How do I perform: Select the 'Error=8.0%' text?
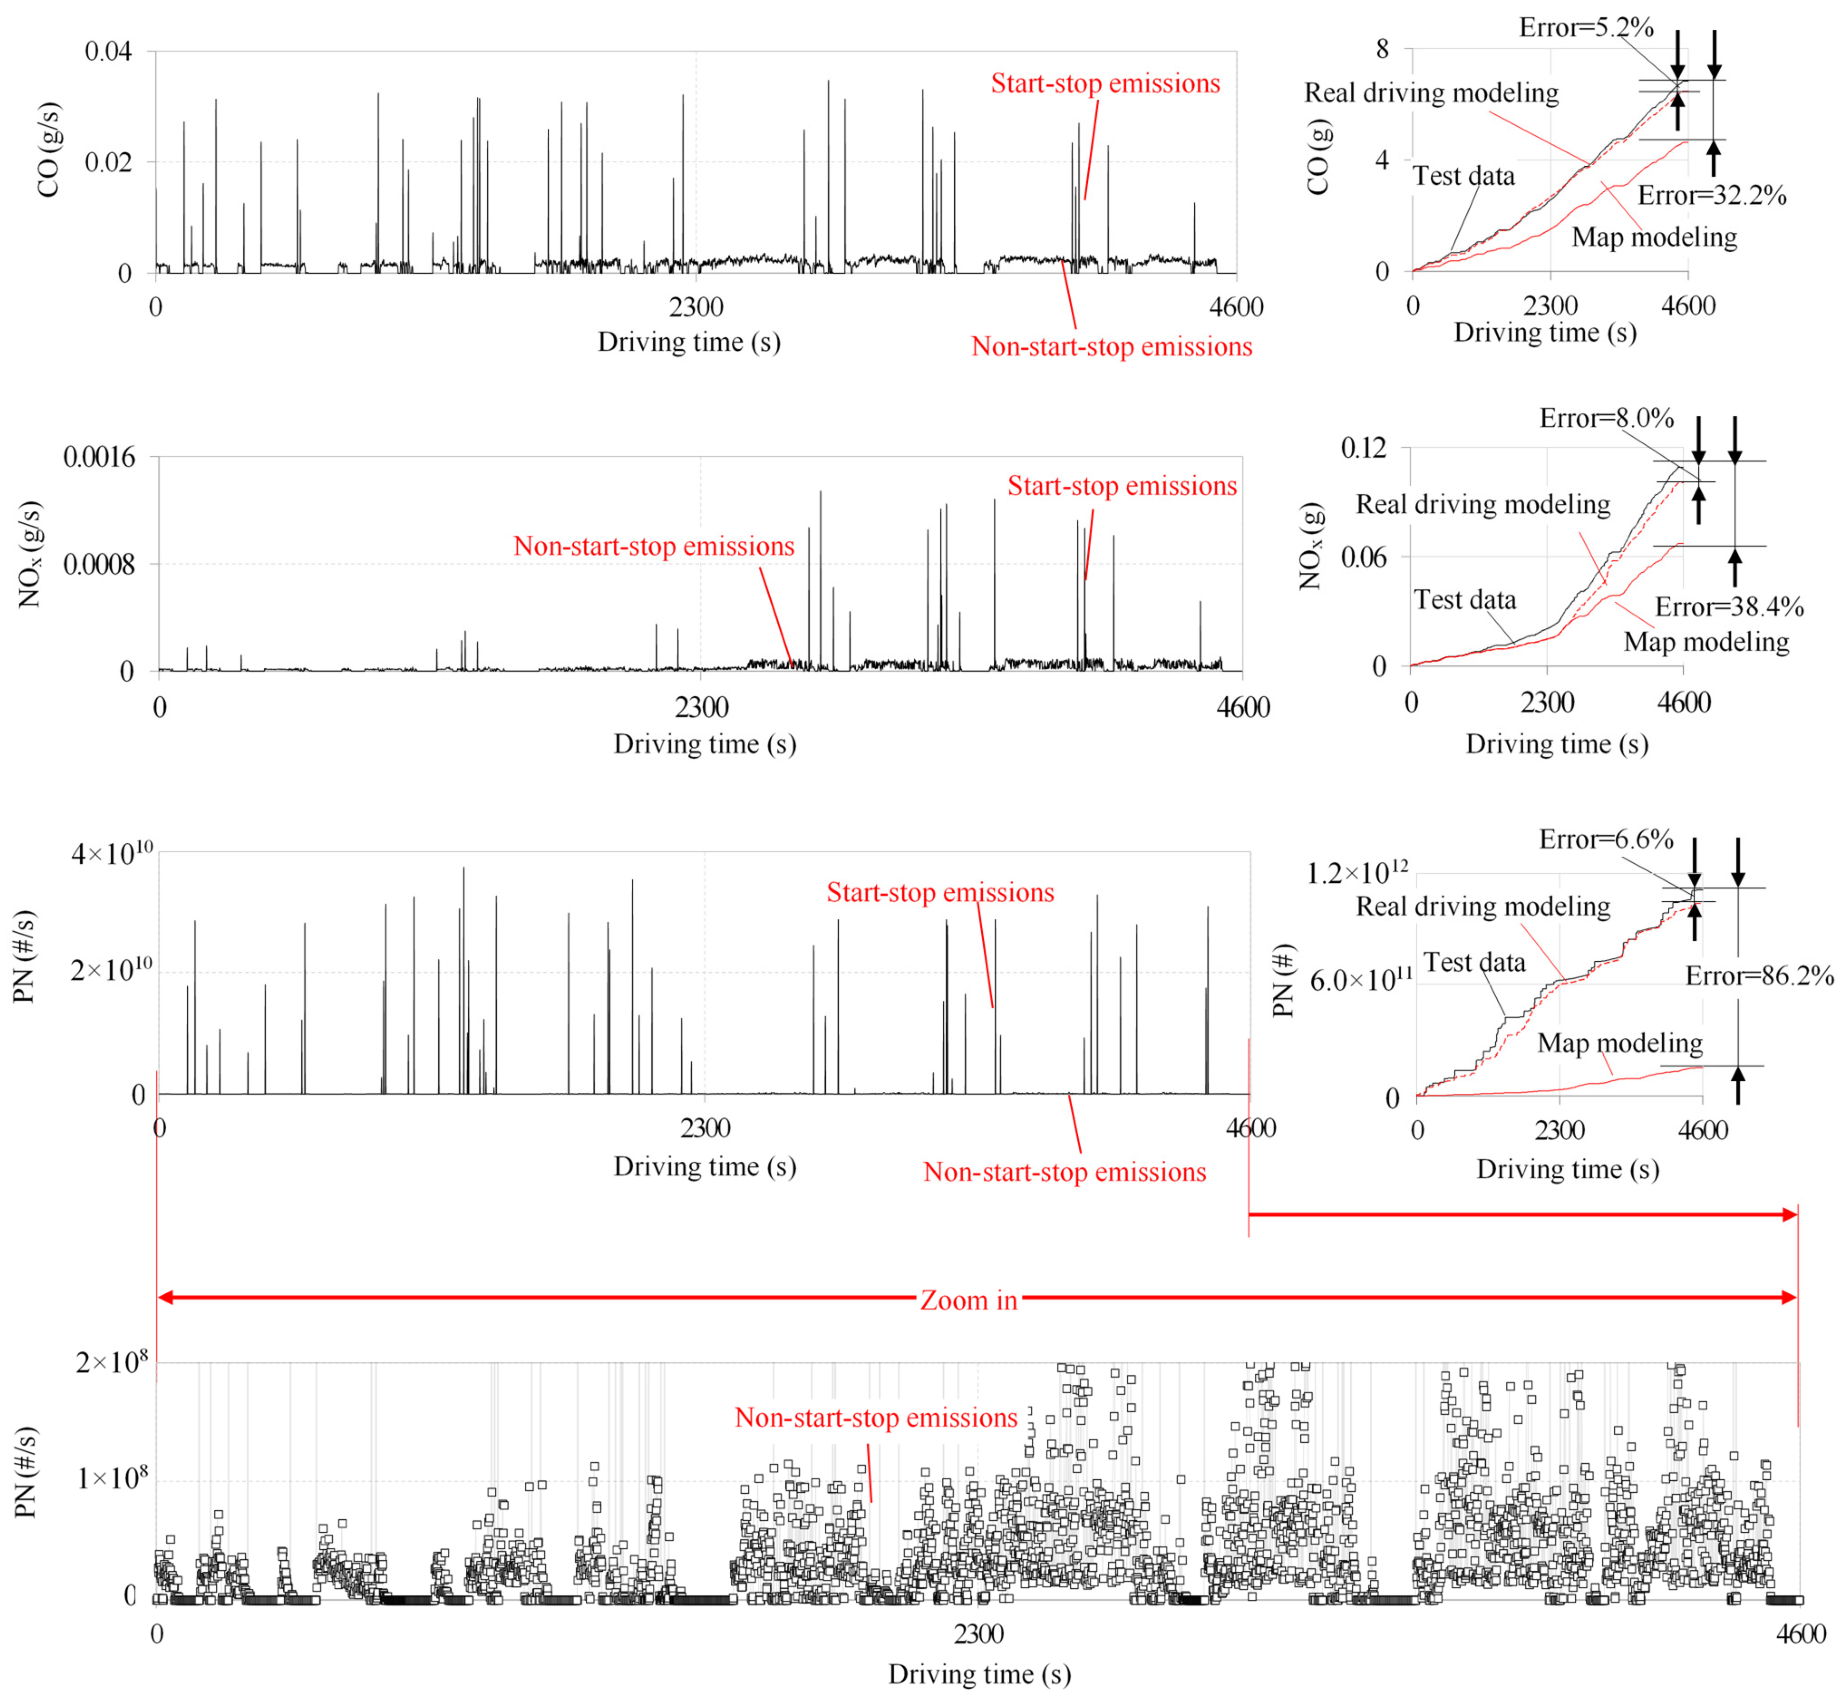(x=1606, y=418)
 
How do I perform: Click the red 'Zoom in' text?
(x=969, y=1300)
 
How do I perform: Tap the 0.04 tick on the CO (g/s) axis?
(x=108, y=52)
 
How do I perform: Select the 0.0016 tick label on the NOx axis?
(x=98, y=457)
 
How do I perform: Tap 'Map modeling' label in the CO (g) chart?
(x=1654, y=237)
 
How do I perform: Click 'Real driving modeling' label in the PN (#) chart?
(x=1483, y=906)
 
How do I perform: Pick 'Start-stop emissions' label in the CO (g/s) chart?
(x=1105, y=84)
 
